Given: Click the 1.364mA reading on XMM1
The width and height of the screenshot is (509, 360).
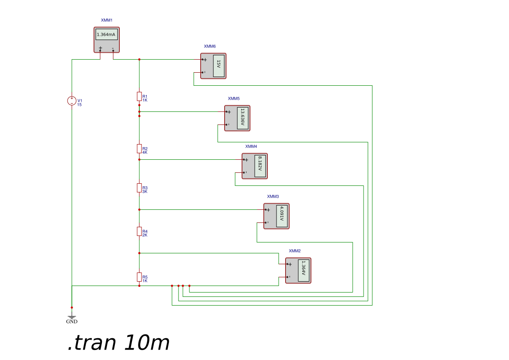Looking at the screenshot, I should tap(107, 34).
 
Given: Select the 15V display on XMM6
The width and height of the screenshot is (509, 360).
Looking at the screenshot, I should tap(219, 66).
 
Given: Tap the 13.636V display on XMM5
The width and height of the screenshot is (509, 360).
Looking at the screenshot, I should tap(243, 118).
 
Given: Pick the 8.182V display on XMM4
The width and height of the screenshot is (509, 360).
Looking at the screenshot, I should tap(260, 166).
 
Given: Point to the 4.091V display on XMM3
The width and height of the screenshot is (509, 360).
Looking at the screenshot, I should tap(282, 216).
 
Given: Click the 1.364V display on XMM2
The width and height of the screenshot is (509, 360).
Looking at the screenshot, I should tap(303, 270).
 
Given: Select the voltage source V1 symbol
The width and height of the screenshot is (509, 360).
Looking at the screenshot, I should tap(72, 101).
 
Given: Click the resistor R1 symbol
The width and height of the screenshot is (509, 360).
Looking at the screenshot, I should tap(139, 96).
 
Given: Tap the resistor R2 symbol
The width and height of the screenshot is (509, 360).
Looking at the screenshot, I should tap(139, 148).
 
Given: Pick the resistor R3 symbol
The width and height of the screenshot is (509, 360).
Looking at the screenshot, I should tap(139, 188).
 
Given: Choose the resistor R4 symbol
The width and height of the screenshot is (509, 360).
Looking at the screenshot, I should tap(139, 231).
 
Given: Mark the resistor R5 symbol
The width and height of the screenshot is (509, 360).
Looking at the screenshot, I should tap(139, 277).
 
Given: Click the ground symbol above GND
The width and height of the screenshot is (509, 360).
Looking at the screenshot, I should tap(72, 316).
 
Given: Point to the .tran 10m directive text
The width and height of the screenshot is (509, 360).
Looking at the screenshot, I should tap(118, 343).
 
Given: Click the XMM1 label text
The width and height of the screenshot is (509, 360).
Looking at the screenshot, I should tap(107, 20).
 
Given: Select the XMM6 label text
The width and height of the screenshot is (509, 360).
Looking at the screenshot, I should tap(210, 46).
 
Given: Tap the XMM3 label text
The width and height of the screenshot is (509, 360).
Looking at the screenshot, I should tap(273, 197).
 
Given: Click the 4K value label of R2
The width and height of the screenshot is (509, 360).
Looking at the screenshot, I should tap(145, 152).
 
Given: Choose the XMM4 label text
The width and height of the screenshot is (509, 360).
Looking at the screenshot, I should tap(251, 147).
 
